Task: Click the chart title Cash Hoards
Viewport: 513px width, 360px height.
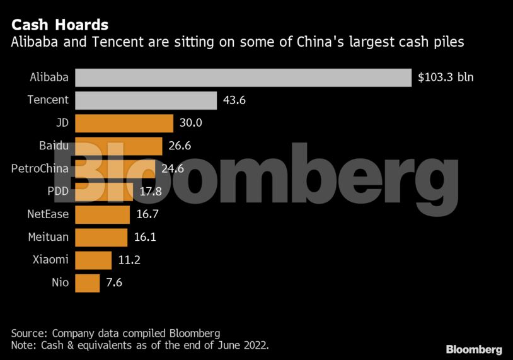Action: click(x=60, y=25)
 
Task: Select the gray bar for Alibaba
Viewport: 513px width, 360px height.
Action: click(x=243, y=78)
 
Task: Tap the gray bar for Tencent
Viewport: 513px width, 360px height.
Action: click(x=146, y=100)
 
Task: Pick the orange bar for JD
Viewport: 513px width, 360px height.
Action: click(x=124, y=123)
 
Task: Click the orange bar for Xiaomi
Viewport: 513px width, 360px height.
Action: click(x=93, y=260)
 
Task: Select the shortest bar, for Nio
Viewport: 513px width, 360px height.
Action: click(x=88, y=283)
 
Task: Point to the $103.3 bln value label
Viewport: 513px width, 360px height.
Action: click(x=446, y=78)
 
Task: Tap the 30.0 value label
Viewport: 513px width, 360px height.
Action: click(x=191, y=123)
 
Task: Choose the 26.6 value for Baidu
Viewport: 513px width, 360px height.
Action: click(x=180, y=146)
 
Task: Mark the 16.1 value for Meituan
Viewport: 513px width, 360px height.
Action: click(x=145, y=238)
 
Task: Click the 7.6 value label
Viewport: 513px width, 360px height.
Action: click(x=114, y=283)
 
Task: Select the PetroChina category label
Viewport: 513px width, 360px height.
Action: click(x=40, y=169)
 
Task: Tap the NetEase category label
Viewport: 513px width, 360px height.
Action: click(x=48, y=214)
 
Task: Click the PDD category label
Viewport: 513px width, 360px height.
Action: click(x=58, y=192)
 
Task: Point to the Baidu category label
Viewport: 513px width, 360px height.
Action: click(x=54, y=146)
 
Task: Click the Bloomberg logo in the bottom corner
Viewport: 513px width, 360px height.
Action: click(x=474, y=349)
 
